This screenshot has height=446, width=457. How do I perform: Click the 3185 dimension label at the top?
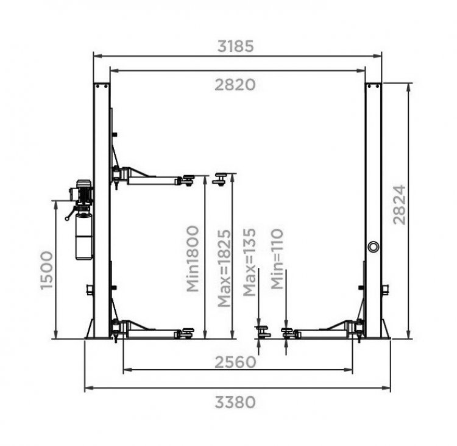tap(235, 46)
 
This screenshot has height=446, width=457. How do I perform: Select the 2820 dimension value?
tap(235, 85)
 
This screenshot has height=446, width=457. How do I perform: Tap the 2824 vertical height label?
tap(399, 204)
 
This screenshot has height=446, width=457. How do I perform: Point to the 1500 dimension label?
tap(47, 270)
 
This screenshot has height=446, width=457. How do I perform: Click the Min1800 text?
tap(193, 259)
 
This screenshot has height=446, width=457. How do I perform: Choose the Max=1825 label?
tap(224, 268)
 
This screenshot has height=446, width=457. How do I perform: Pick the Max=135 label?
tap(249, 262)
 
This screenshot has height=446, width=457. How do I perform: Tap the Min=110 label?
tap(277, 259)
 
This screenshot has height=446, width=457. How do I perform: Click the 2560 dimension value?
tap(235, 362)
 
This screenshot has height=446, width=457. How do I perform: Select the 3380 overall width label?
tap(235, 402)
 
